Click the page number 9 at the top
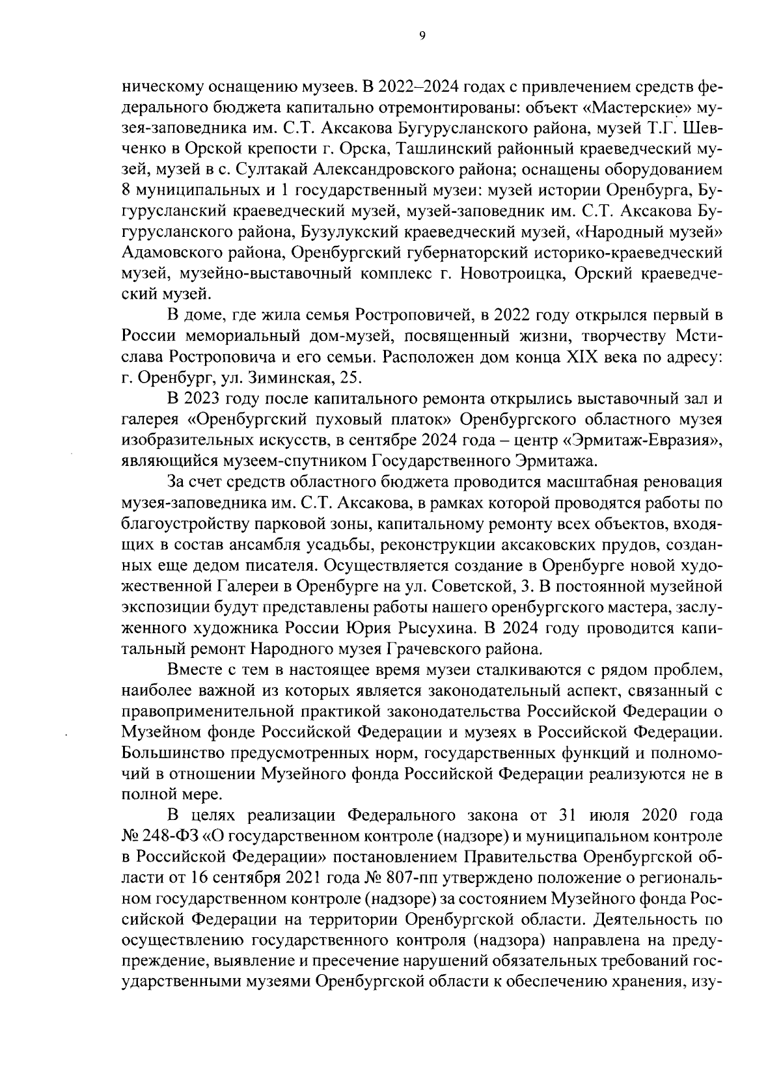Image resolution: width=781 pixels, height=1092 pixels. coord(422,37)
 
